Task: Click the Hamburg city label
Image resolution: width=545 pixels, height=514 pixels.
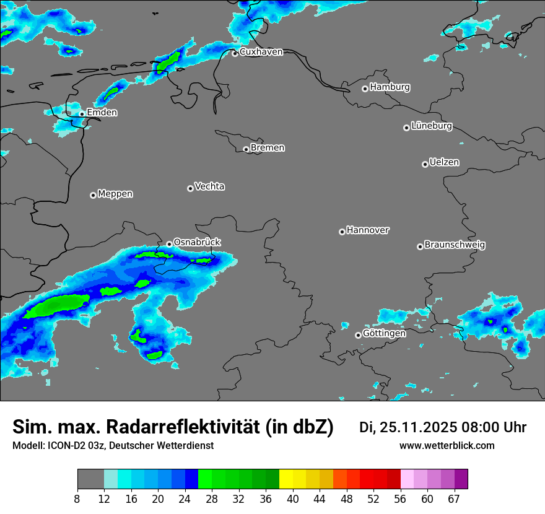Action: pyautogui.click(x=390, y=87)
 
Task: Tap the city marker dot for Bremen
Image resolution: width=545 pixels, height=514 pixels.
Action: pyautogui.click(x=246, y=149)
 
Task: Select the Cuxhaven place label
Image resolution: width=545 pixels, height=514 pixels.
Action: pyautogui.click(x=261, y=52)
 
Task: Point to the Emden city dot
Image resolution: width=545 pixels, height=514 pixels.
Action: pyautogui.click(x=82, y=114)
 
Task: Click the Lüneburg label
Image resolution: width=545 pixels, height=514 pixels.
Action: pyautogui.click(x=431, y=126)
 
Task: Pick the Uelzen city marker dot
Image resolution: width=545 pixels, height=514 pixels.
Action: pyautogui.click(x=425, y=164)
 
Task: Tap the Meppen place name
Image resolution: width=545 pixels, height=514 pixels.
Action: pyautogui.click(x=115, y=194)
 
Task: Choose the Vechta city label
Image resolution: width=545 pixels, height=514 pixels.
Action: pyautogui.click(x=209, y=186)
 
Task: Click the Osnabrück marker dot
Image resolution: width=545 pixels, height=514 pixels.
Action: pyautogui.click(x=169, y=244)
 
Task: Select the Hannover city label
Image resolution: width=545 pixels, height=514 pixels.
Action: pyautogui.click(x=367, y=230)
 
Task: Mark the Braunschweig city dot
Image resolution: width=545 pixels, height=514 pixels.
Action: pyautogui.click(x=420, y=246)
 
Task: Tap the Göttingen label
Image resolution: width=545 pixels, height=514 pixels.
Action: pyautogui.click(x=384, y=333)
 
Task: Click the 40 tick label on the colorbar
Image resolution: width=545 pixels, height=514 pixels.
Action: pyautogui.click(x=293, y=499)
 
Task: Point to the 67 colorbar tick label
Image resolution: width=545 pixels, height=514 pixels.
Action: pyautogui.click(x=454, y=499)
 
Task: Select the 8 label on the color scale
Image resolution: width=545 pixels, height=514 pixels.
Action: pyautogui.click(x=77, y=499)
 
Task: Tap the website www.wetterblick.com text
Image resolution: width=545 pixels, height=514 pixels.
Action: pyautogui.click(x=447, y=446)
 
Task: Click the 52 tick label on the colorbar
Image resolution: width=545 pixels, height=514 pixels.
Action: pyautogui.click(x=373, y=499)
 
